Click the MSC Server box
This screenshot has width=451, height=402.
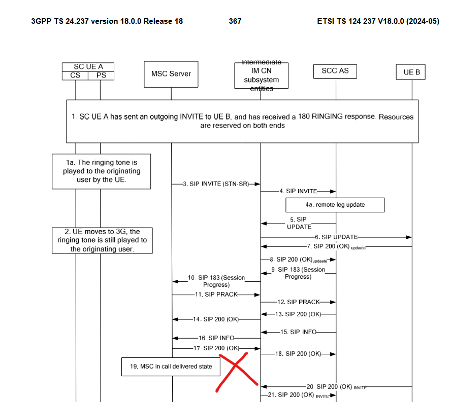(171, 74)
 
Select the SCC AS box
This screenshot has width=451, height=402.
(335, 71)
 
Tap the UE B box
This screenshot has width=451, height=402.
(411, 72)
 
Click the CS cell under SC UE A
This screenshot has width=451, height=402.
(75, 76)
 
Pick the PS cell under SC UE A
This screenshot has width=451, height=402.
(101, 76)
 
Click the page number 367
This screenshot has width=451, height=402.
(235, 21)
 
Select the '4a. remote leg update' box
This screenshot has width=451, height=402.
(335, 205)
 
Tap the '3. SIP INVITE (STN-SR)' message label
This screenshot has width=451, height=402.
(216, 184)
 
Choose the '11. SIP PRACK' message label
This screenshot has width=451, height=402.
(216, 294)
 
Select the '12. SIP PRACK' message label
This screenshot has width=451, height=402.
(299, 302)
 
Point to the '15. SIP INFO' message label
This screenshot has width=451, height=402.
(299, 332)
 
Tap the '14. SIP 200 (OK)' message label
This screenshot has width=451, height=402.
(216, 319)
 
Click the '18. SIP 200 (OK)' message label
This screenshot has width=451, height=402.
(298, 354)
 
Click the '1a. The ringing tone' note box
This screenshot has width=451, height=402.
(102, 171)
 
